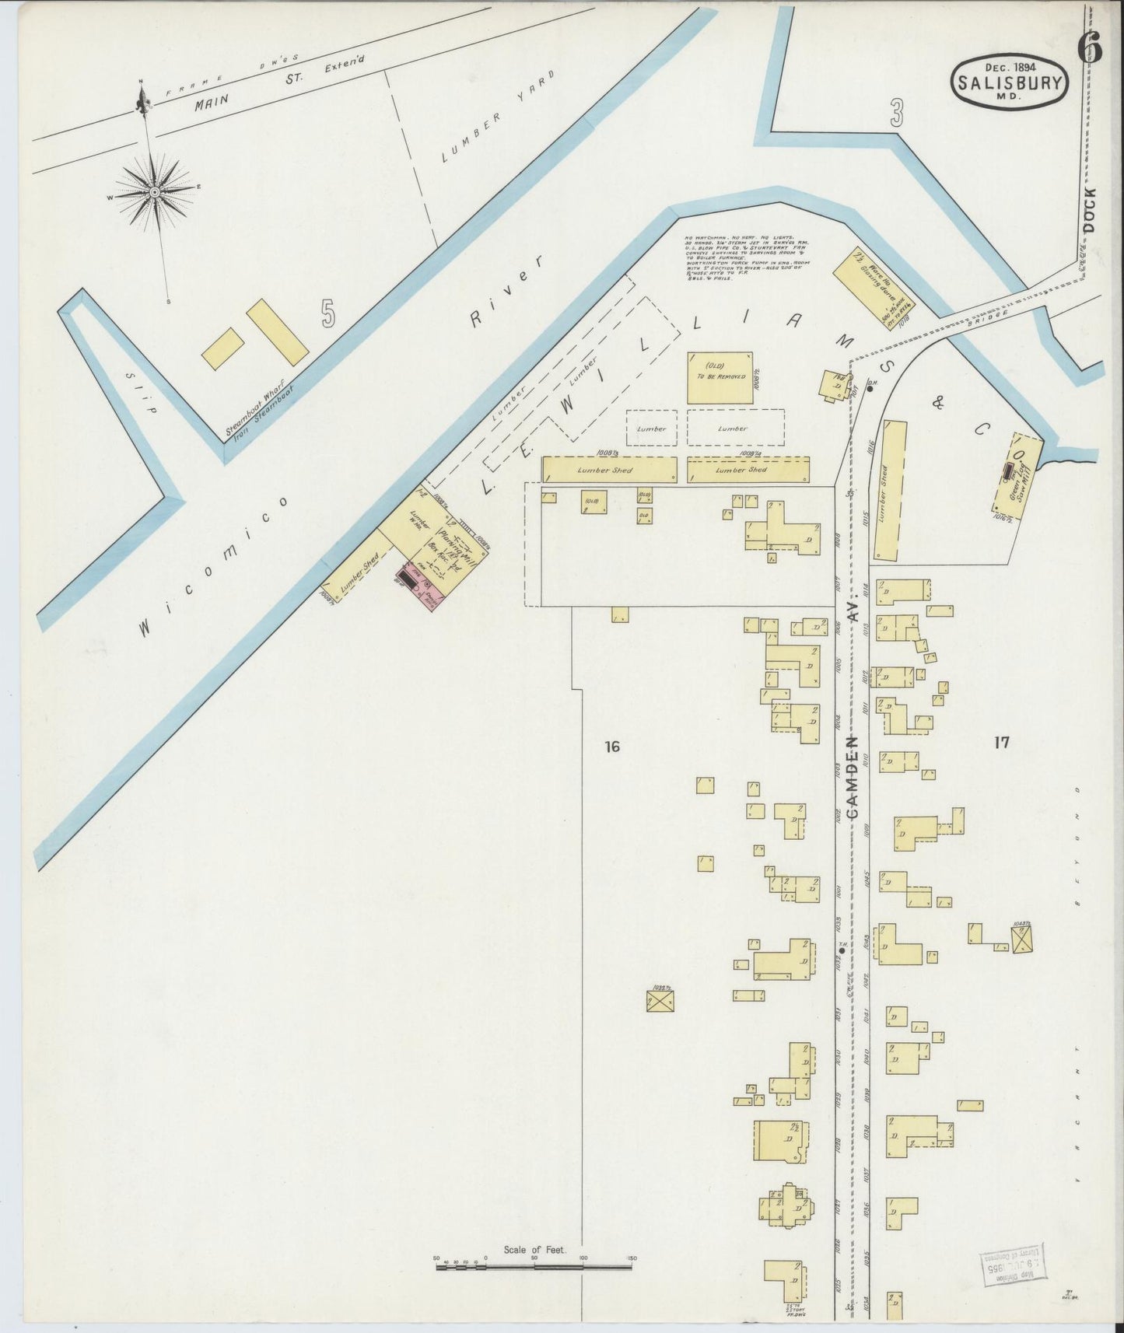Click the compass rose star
pyautogui.click(x=155, y=192)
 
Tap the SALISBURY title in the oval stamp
pyautogui.click(x=1010, y=83)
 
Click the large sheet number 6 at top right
pyautogui.click(x=1089, y=48)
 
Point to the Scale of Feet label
pyautogui.click(x=535, y=1251)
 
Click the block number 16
pyautogui.click(x=611, y=747)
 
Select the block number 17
pyautogui.click(x=1001, y=743)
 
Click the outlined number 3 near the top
pyautogui.click(x=897, y=115)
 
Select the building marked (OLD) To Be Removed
pyautogui.click(x=720, y=378)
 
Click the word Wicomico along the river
pyautogui.click(x=214, y=568)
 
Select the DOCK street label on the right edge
pyautogui.click(x=1089, y=210)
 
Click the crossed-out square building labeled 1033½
pyautogui.click(x=660, y=1000)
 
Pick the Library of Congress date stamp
pyautogui.click(x=1011, y=1266)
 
